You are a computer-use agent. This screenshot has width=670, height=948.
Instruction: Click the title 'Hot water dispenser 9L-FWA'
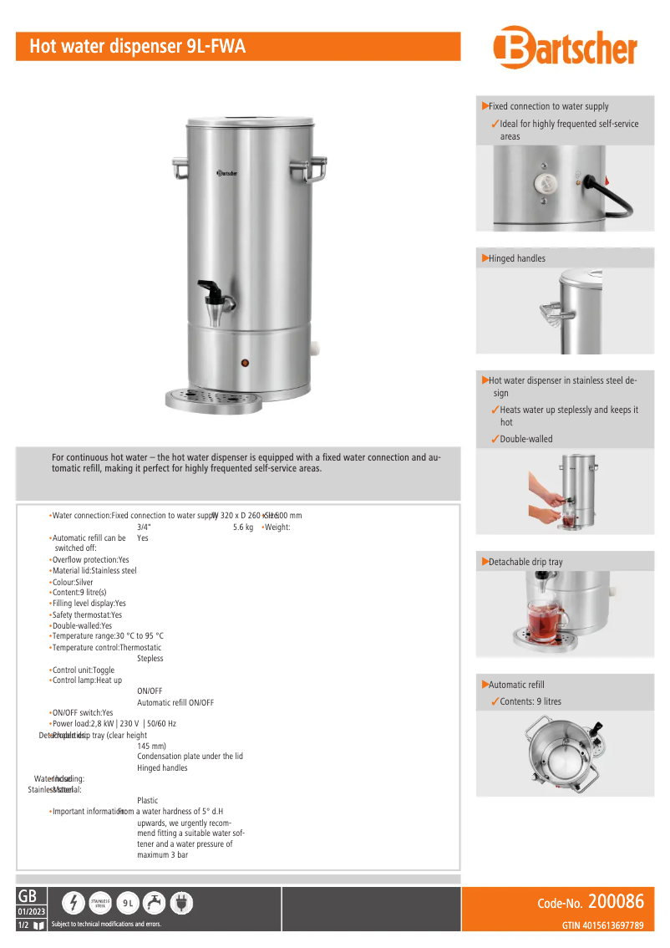pos(138,47)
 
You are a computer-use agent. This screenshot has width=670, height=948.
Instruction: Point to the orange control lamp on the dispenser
pos(246,363)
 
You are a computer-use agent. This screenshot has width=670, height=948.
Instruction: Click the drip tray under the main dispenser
pos(214,399)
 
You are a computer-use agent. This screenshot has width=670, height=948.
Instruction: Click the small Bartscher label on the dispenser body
pos(228,172)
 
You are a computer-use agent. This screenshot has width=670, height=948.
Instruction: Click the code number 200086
pos(616,902)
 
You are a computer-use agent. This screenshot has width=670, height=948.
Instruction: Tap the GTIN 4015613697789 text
pos(602,925)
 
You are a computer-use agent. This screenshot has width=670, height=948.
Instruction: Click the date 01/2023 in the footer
pos(32,910)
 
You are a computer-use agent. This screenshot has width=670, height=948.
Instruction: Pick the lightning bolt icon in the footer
pos(75,903)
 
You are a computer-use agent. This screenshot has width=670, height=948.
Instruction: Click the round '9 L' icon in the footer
pos(127,903)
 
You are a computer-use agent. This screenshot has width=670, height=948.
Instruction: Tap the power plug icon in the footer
pos(180,903)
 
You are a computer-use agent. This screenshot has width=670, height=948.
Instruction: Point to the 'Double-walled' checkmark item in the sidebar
pos(525,439)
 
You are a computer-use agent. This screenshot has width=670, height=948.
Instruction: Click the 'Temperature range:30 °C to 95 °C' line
pos(108,636)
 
